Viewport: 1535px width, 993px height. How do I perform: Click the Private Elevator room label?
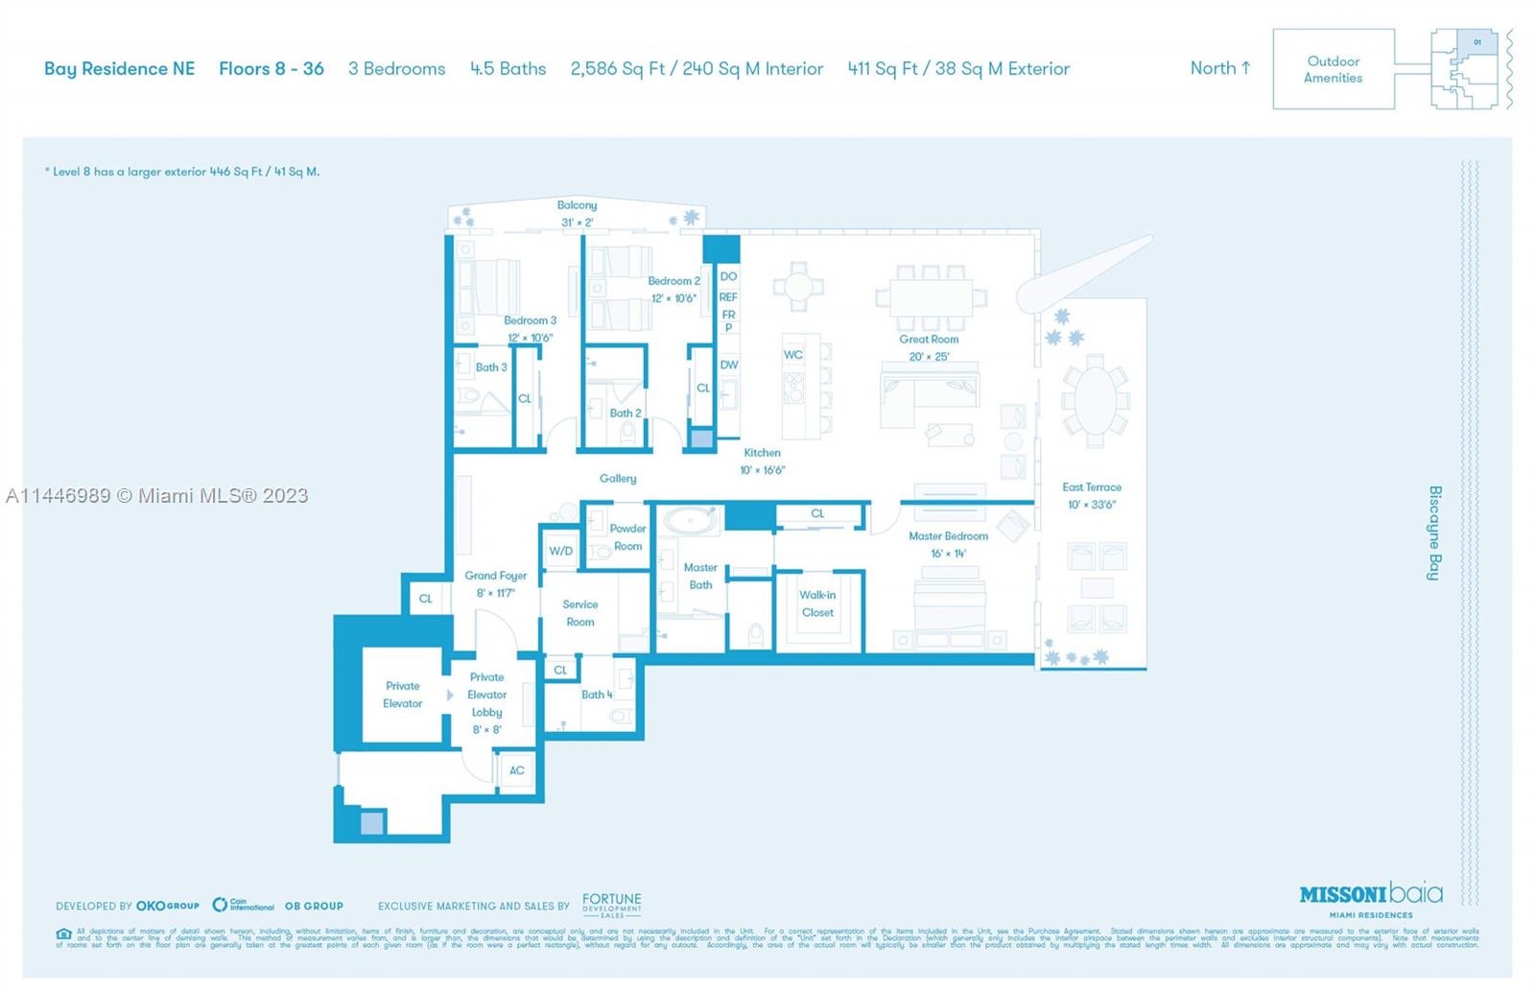(402, 695)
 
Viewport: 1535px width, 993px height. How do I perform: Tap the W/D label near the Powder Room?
(560, 551)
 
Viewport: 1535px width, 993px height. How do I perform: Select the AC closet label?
(516, 770)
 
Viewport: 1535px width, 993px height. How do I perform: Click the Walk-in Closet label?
(817, 603)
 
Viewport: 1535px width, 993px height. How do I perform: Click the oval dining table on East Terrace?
(1095, 400)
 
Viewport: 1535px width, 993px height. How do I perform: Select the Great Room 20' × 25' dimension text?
(929, 357)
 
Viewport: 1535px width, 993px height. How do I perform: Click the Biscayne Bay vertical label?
(1434, 532)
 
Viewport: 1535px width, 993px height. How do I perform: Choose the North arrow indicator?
(1220, 68)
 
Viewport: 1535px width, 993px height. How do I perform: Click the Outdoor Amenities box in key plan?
(1333, 69)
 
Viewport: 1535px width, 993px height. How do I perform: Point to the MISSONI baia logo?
(1371, 894)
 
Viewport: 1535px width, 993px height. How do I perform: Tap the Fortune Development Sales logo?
(611, 905)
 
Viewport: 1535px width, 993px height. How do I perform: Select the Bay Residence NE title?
(119, 69)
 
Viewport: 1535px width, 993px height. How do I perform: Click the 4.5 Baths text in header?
(508, 69)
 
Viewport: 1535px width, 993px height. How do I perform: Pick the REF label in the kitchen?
(728, 297)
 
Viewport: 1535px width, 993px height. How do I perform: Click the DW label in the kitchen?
(728, 365)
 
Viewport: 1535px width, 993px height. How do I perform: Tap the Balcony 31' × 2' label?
(577, 213)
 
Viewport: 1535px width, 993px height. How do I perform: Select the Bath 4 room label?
(596, 695)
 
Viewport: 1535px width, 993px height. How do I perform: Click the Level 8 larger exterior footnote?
(182, 172)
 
